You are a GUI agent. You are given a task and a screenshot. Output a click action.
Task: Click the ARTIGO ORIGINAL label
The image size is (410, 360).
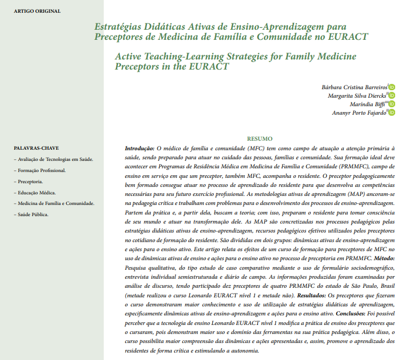(37, 11)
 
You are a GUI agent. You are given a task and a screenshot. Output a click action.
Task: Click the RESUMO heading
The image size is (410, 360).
(260, 138)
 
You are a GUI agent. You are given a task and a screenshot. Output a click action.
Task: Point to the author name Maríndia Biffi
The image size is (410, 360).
(367, 104)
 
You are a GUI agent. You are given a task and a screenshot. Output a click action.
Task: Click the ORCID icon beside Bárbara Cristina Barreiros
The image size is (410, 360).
(392, 87)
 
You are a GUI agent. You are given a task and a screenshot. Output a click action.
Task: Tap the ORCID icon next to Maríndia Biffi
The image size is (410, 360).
(392, 104)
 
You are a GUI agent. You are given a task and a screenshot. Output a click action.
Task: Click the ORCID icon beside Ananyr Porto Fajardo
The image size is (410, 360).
(392, 113)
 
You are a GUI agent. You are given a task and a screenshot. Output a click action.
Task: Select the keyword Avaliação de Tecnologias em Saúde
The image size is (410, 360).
(56, 159)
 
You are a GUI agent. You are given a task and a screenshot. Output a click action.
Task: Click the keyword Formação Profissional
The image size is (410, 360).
(41, 170)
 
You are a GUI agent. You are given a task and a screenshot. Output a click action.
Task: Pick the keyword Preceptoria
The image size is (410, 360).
(31, 182)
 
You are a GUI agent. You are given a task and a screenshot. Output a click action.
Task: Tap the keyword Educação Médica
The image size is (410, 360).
(37, 192)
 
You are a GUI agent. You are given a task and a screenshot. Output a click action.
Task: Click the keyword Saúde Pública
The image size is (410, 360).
(33, 215)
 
